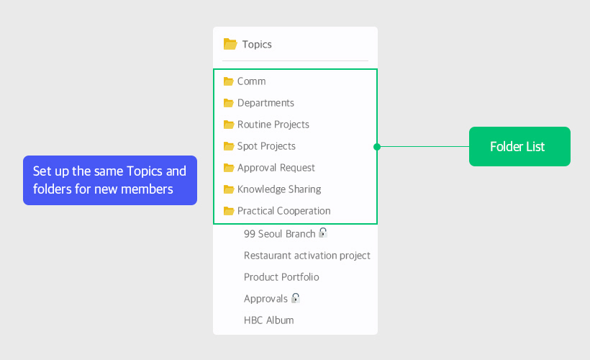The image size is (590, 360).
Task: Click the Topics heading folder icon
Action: pyautogui.click(x=230, y=44)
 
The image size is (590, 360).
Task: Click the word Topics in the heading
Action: pyautogui.click(x=257, y=45)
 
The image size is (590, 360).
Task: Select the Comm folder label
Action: pyautogui.click(x=251, y=81)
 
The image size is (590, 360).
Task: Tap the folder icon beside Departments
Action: pyautogui.click(x=228, y=103)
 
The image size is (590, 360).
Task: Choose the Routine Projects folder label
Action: pyautogui.click(x=273, y=125)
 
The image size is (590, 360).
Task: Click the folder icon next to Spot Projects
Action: pyautogui.click(x=228, y=146)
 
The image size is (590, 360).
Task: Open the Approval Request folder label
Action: pyautogui.click(x=276, y=168)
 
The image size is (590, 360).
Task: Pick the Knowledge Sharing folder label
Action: pyautogui.click(x=279, y=189)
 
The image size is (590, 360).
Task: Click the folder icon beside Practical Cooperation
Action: pyautogui.click(x=228, y=211)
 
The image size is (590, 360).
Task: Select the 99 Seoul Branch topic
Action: pyautogui.click(x=280, y=234)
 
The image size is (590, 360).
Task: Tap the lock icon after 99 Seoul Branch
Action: pyautogui.click(x=323, y=233)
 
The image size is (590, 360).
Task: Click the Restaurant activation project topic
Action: pyautogui.click(x=307, y=256)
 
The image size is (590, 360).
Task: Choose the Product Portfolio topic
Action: pyautogui.click(x=281, y=277)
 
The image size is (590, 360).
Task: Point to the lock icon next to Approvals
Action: pyautogui.click(x=296, y=298)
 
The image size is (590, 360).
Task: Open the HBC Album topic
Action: pyautogui.click(x=268, y=320)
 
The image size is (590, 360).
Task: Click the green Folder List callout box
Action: pyautogui.click(x=519, y=146)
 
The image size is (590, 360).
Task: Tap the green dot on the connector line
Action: pyautogui.click(x=377, y=147)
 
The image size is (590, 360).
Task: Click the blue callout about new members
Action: pyautogui.click(x=110, y=181)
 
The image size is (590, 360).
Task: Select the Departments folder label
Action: pyautogui.click(x=265, y=103)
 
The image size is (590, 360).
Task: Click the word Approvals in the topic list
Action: pyautogui.click(x=265, y=299)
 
